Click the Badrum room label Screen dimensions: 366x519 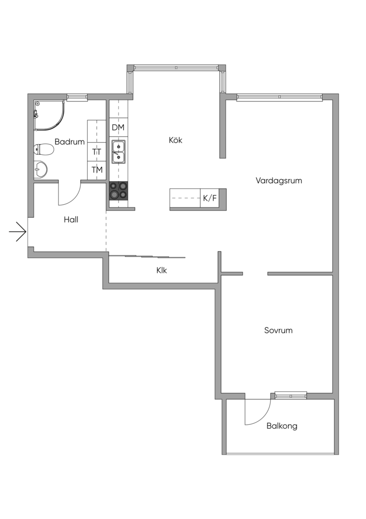(70, 142)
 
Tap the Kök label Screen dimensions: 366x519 (176, 140)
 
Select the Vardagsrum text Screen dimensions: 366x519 (279, 181)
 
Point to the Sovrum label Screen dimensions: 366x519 (278, 330)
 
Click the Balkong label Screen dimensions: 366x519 (282, 426)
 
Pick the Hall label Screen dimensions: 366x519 (71, 220)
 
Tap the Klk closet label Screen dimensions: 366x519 (162, 271)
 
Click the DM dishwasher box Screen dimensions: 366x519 (118, 127)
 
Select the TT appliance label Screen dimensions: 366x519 (97, 152)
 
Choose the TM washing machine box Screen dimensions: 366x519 (97, 170)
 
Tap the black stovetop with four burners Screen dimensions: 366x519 (118, 191)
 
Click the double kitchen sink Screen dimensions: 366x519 (118, 152)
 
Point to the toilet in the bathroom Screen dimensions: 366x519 (44, 149)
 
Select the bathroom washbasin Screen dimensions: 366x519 (40, 170)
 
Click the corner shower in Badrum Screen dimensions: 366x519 (49, 115)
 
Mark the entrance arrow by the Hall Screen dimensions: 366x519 (17, 232)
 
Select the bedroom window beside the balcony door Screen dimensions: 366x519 (291, 395)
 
